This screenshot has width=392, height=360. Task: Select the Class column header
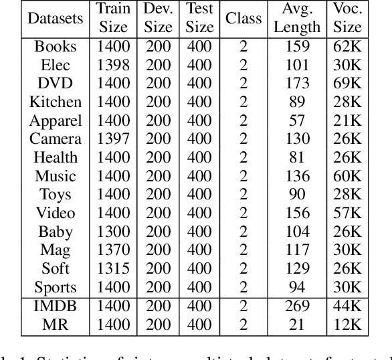click(243, 18)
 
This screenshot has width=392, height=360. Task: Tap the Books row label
click(56, 48)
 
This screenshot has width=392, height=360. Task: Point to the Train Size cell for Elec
click(113, 66)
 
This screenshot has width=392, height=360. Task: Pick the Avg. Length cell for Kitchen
click(297, 102)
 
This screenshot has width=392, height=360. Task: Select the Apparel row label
click(56, 121)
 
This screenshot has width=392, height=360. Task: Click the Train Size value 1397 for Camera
click(113, 139)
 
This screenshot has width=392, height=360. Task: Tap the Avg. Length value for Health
click(297, 158)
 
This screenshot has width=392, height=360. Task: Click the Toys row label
click(56, 195)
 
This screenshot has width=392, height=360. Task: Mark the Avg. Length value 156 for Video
click(297, 213)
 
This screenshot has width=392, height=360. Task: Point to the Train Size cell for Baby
click(113, 232)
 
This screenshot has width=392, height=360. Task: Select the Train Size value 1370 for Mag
click(113, 250)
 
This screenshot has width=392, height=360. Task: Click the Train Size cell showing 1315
click(113, 269)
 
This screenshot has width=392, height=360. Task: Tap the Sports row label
click(56, 288)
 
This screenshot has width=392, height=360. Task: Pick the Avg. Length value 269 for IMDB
click(297, 306)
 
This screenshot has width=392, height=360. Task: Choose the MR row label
click(56, 325)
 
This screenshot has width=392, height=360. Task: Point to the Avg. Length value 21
click(297, 325)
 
